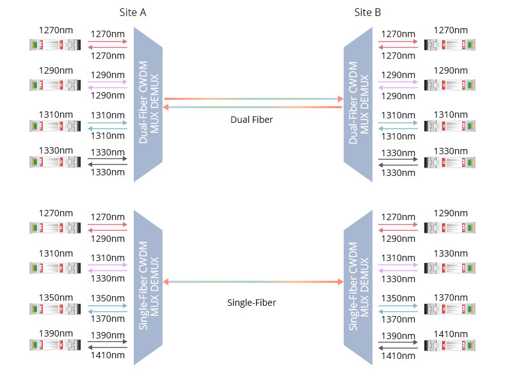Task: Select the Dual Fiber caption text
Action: coord(252,119)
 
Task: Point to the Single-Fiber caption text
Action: coord(252,302)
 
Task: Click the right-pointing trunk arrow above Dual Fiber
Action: coord(253,99)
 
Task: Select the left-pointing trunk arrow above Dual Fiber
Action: coord(253,107)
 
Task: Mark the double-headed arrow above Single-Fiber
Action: coord(253,282)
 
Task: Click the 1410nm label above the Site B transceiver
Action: coord(451,333)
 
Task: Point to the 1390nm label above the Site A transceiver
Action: coord(55,333)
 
